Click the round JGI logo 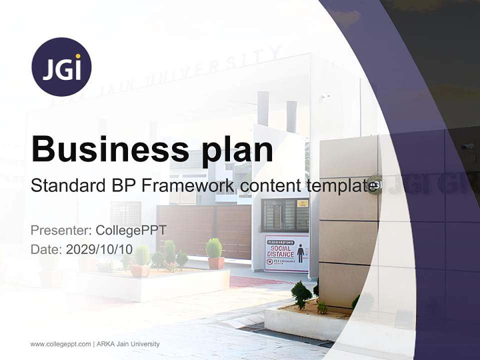[61, 66]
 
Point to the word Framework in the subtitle [188, 185]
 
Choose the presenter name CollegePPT [131, 230]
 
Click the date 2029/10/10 [99, 249]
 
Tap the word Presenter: [61, 230]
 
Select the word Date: [46, 249]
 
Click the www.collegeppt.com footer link [60, 344]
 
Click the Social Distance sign [286, 253]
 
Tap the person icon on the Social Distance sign [300, 253]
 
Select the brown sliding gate [204, 229]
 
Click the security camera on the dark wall [467, 146]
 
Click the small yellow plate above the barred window [302, 203]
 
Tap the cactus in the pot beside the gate [214, 248]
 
